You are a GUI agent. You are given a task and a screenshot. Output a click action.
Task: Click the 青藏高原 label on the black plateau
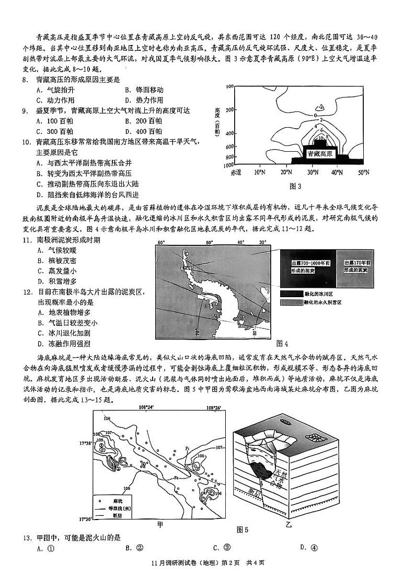tap(319, 154)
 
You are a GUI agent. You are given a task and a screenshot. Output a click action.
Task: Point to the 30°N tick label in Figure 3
tap(312, 172)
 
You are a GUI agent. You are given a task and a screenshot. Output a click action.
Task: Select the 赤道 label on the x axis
tap(235, 172)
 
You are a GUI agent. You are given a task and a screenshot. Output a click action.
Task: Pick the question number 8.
tap(25, 80)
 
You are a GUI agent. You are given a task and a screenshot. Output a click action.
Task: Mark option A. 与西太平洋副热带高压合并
tap(84, 162)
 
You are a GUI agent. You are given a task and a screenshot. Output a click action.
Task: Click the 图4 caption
tap(282, 343)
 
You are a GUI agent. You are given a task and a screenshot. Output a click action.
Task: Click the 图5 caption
tap(243, 529)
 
